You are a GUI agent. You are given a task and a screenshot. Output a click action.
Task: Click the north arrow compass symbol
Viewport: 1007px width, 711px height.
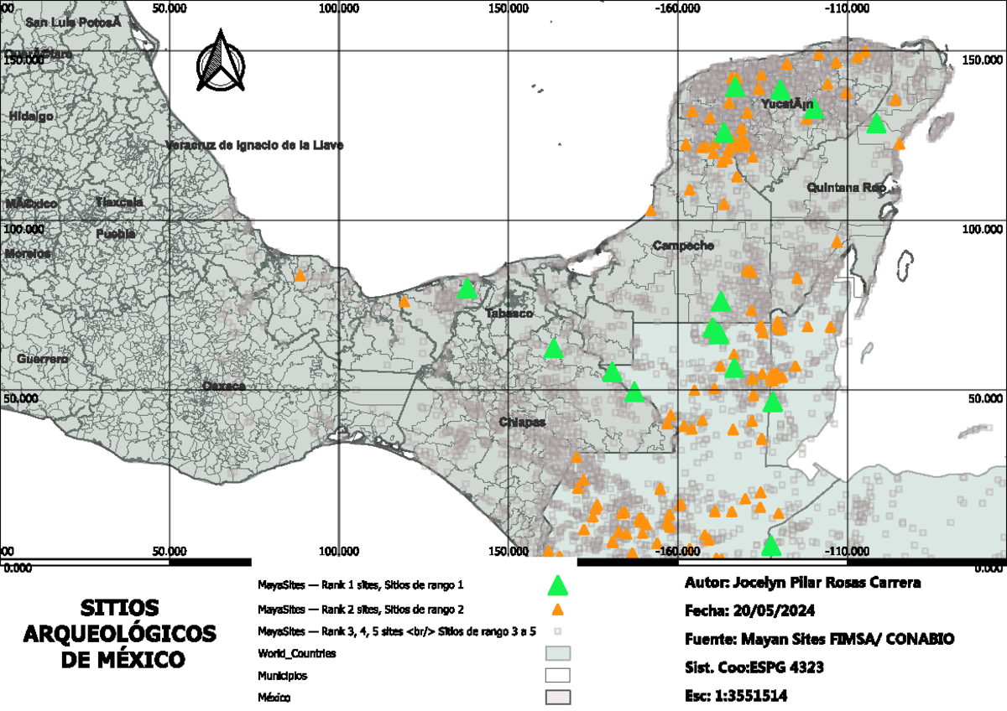click(220, 61)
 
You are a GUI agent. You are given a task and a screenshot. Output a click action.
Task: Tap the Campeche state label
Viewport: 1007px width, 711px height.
click(683, 246)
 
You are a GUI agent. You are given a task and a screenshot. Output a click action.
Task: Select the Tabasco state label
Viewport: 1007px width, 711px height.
click(509, 313)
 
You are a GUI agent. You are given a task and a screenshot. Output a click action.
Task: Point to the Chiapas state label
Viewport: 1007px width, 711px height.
click(522, 421)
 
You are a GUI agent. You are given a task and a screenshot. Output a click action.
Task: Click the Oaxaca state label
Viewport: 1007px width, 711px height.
click(223, 386)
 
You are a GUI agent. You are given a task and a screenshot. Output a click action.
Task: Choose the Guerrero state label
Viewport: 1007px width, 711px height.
click(42, 359)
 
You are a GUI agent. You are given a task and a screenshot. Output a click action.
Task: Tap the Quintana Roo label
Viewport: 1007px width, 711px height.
click(846, 188)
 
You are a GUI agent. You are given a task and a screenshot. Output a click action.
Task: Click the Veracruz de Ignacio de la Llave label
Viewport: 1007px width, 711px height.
click(254, 145)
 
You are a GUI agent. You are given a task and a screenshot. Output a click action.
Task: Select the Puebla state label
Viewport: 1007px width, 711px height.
click(115, 234)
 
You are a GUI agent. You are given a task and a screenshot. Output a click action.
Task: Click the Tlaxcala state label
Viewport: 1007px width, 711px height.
click(118, 202)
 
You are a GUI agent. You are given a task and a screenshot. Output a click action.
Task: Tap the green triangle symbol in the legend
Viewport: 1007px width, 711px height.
click(556, 585)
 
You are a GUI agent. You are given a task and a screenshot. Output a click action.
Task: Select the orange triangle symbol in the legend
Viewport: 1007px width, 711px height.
click(556, 610)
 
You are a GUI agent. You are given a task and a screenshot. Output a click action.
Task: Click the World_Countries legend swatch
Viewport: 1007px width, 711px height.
click(557, 652)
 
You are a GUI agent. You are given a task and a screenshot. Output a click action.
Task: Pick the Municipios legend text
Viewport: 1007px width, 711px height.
click(281, 674)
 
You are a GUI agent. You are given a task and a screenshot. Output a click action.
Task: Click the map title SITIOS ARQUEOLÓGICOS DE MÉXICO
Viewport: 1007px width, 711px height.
click(124, 634)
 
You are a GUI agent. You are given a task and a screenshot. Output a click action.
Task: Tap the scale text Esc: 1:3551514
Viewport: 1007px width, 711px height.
click(737, 696)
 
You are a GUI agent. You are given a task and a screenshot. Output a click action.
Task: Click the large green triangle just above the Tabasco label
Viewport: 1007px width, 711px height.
click(467, 289)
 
